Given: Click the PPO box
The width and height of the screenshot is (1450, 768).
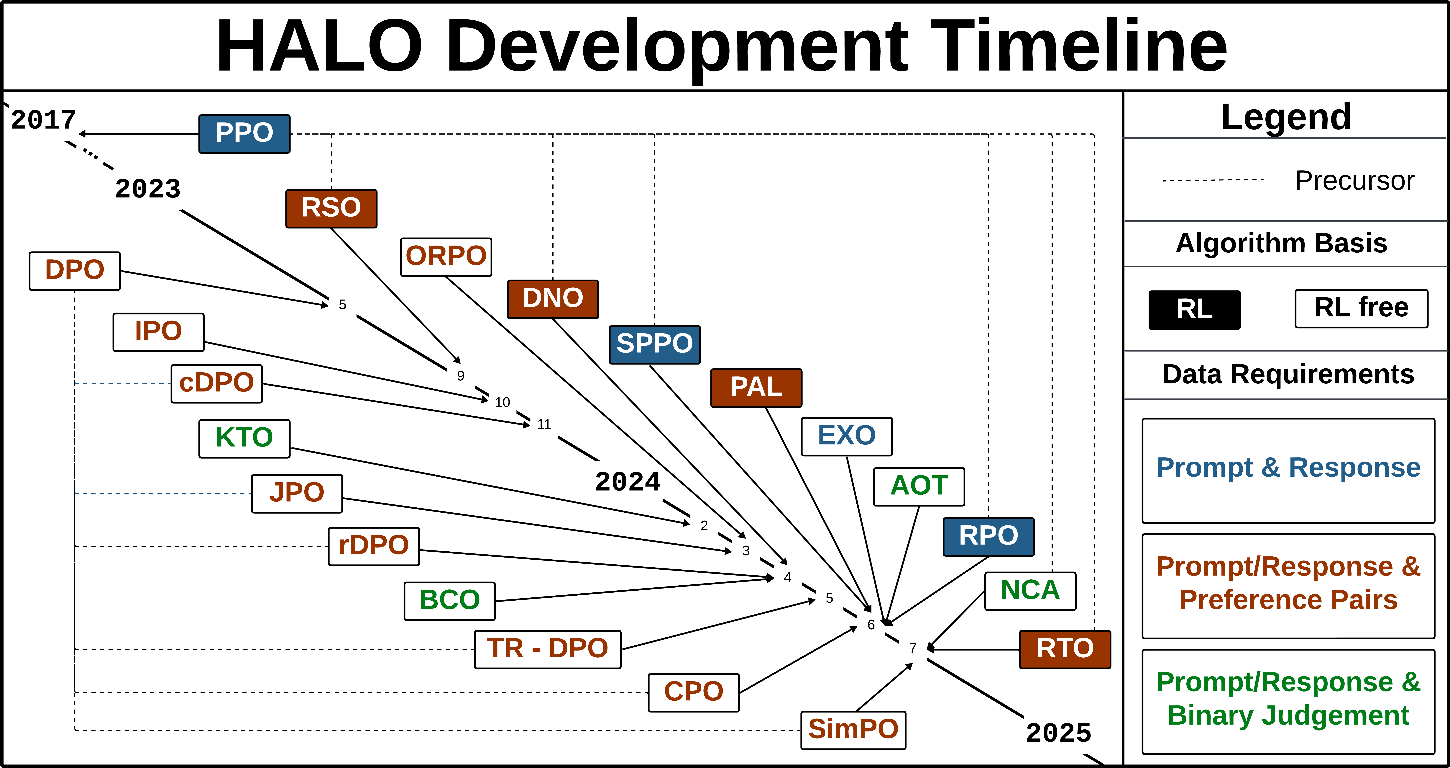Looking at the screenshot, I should pos(244,133).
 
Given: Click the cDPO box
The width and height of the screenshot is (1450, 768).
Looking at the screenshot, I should pos(217,383).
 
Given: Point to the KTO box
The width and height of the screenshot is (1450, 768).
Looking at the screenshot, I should pos(244,438).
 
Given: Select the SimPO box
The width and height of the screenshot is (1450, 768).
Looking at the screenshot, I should pos(853,730).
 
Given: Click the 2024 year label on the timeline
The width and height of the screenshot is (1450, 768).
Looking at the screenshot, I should pos(628,482).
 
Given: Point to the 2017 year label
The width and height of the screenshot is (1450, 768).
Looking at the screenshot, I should pos(43,120).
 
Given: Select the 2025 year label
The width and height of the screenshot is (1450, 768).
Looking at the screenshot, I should pos(1058,733).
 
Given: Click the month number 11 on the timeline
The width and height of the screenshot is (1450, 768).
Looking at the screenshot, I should pos(544,424).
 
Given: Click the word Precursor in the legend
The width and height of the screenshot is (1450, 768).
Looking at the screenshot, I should pos(1354,181).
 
